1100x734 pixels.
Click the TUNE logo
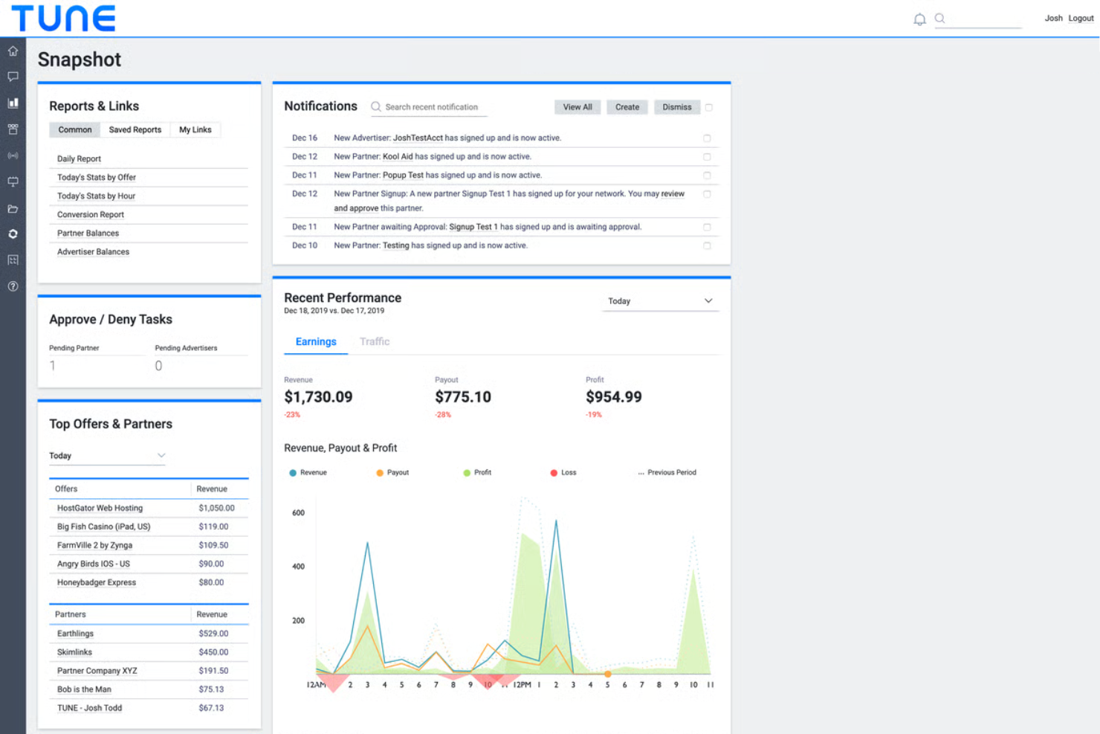click(63, 19)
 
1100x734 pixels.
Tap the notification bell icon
click(919, 19)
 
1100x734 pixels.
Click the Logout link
click(1081, 19)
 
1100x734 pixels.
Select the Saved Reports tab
click(135, 130)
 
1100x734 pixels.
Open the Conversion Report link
click(91, 215)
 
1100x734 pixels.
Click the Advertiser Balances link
click(93, 252)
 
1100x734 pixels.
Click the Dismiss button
click(676, 107)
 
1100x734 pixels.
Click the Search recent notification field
click(431, 107)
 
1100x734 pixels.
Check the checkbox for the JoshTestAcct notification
click(707, 138)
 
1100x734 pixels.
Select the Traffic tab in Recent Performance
click(375, 342)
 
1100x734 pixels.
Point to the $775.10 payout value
click(463, 397)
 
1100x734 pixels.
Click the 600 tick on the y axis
click(298, 513)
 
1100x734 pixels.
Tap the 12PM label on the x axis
click(522, 685)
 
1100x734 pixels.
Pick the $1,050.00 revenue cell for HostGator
click(216, 509)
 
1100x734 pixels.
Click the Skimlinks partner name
click(74, 652)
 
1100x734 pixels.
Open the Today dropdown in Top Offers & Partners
click(107, 456)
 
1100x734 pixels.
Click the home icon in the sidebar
click(13, 51)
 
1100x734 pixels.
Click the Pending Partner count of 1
click(53, 366)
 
